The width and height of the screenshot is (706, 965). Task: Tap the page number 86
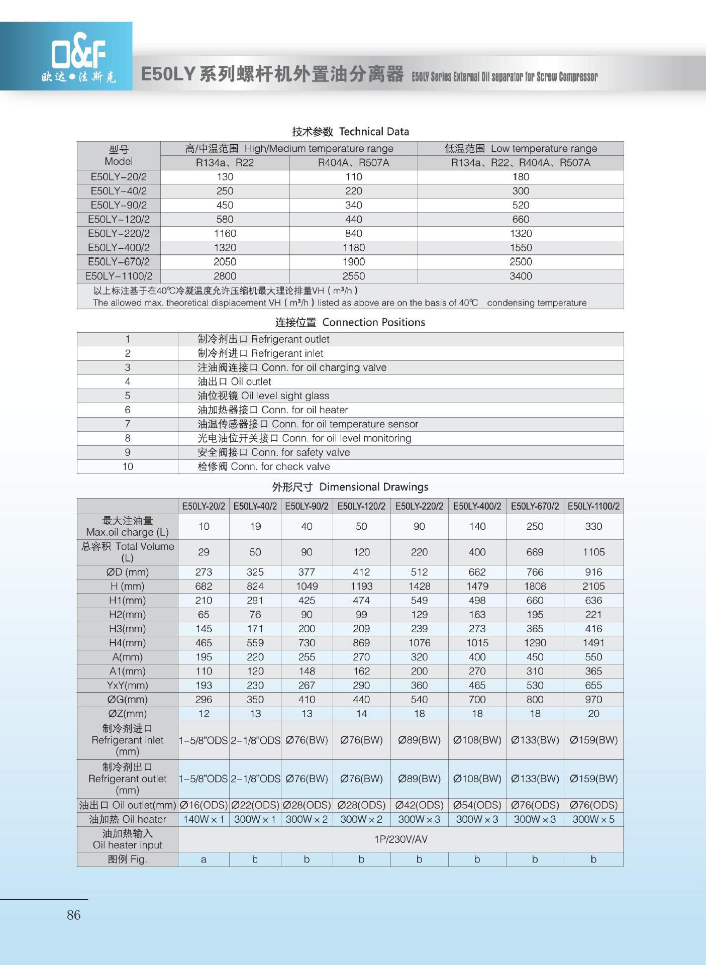click(73, 915)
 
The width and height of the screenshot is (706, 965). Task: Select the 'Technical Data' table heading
click(350, 132)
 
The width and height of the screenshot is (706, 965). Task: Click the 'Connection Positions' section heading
click(350, 322)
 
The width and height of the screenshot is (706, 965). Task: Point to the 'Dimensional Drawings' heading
click(350, 487)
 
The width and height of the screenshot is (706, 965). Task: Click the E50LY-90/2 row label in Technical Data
click(119, 205)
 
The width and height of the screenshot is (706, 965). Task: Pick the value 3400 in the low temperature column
click(521, 276)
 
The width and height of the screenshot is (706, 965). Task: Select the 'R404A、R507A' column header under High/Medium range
click(353, 163)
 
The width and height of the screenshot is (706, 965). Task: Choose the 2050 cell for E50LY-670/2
click(225, 262)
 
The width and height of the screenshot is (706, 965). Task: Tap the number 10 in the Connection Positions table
click(128, 466)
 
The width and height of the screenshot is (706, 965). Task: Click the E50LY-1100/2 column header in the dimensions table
click(593, 506)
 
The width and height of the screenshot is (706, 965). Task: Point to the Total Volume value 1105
click(593, 552)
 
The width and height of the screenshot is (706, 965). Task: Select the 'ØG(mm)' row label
click(127, 700)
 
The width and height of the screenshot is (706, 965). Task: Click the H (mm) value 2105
click(593, 586)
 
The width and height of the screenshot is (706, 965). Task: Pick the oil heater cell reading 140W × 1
click(204, 819)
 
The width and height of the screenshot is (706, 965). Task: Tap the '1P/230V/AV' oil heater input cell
click(400, 839)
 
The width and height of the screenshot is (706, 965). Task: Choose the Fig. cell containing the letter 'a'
click(204, 859)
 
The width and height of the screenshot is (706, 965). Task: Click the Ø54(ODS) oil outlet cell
click(477, 805)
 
